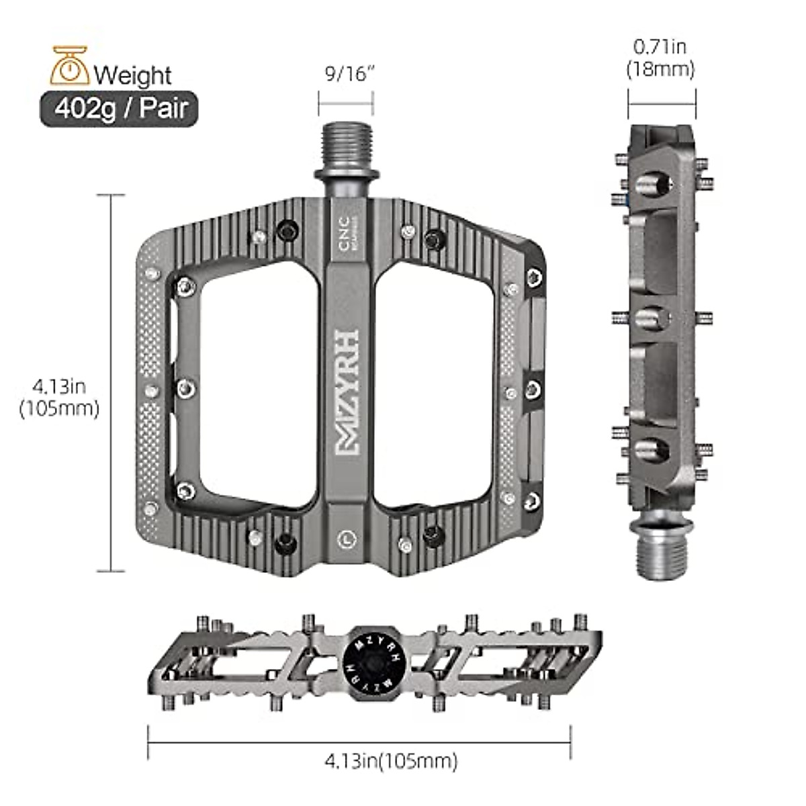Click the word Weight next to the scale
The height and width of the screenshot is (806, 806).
133,75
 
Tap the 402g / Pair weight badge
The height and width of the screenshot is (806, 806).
120,109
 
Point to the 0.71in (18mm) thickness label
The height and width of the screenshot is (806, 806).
660,58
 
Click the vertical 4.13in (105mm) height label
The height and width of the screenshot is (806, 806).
59,398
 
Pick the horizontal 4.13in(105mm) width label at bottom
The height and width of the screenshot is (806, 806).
391,761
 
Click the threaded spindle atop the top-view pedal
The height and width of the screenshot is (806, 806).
345,149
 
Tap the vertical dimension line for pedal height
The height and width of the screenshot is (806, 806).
111,383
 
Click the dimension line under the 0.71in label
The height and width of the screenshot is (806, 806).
662,103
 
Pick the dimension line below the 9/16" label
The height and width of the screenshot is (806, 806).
345,104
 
